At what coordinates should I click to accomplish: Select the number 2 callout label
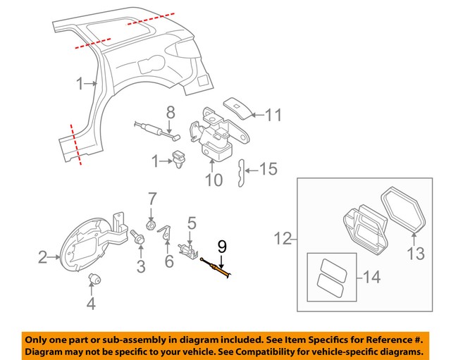click(42, 257)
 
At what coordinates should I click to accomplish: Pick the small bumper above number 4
click(92, 280)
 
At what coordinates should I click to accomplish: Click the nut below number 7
click(150, 225)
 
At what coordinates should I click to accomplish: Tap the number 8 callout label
click(170, 112)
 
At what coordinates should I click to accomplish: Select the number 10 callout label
click(214, 180)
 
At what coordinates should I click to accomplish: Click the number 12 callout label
click(282, 239)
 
